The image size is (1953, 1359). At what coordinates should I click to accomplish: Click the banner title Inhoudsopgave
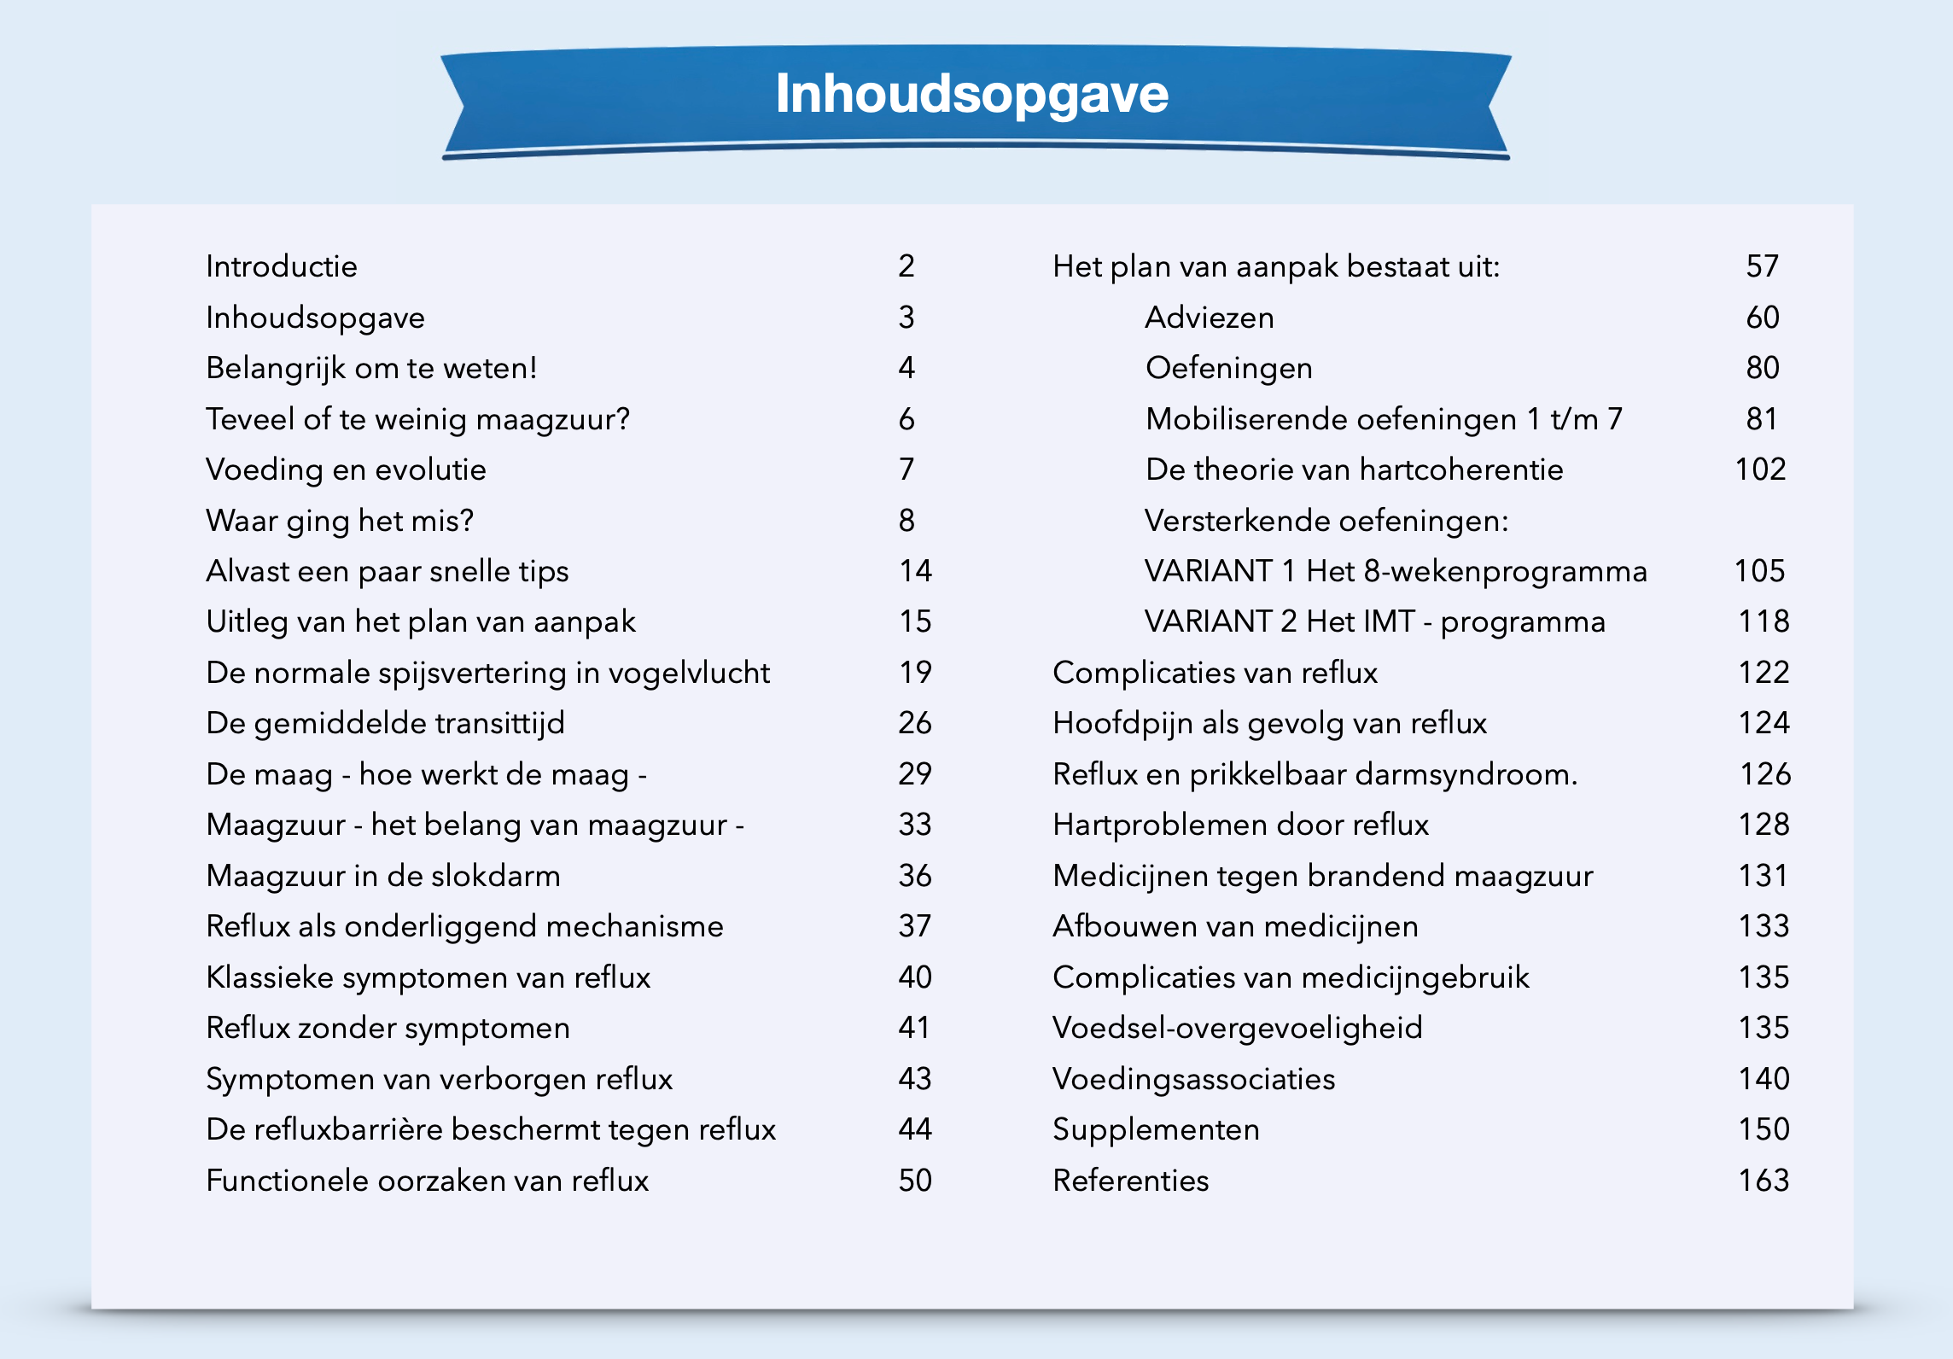click(971, 94)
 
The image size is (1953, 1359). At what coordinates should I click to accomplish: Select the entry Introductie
click(282, 266)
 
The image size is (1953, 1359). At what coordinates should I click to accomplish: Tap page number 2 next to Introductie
click(906, 266)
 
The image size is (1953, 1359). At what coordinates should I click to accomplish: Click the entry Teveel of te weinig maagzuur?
click(417, 419)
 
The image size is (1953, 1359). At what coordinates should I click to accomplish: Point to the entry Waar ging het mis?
click(340, 521)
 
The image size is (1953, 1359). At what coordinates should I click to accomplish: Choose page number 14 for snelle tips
click(915, 571)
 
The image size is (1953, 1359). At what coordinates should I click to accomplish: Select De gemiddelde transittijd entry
click(385, 724)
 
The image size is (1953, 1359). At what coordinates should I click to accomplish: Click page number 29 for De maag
click(915, 774)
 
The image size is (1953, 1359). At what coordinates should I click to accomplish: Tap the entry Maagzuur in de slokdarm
click(383, 876)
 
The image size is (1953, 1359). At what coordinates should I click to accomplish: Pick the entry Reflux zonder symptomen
click(388, 1029)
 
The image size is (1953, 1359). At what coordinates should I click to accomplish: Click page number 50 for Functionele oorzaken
click(915, 1181)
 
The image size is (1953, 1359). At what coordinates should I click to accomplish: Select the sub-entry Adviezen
click(1209, 318)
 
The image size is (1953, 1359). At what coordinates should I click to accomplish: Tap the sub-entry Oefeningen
click(1228, 368)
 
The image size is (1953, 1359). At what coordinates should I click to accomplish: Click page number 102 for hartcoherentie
click(1760, 470)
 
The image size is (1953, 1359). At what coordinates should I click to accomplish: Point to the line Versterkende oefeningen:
click(1326, 521)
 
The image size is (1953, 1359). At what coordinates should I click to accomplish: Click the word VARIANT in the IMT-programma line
click(1208, 621)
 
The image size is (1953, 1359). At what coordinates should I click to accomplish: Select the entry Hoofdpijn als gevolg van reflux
click(1269, 724)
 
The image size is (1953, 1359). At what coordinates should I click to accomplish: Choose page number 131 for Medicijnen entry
click(1763, 876)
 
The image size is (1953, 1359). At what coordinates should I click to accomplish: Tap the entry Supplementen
click(1156, 1130)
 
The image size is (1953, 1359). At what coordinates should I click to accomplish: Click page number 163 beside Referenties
click(1763, 1181)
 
